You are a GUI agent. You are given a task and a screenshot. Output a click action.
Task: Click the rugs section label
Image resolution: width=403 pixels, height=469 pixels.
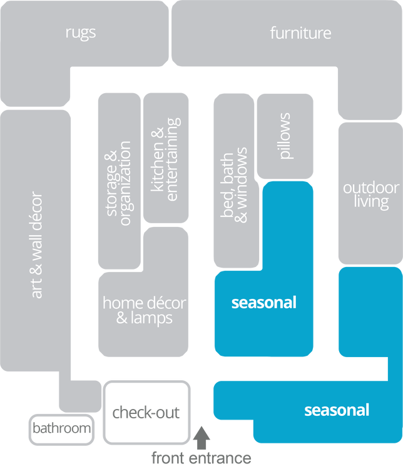81,32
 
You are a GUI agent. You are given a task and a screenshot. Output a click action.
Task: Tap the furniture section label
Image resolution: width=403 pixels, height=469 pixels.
300,33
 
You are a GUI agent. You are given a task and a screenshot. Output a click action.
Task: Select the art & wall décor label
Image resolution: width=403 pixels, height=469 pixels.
37,245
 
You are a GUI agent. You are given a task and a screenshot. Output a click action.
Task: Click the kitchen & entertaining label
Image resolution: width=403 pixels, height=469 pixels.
165,159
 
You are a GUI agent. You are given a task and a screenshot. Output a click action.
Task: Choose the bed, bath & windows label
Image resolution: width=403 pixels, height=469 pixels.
235,184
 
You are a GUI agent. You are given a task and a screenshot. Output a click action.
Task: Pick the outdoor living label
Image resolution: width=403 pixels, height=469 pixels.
370,194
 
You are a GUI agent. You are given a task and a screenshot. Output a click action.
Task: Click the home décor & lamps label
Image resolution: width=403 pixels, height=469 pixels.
144,310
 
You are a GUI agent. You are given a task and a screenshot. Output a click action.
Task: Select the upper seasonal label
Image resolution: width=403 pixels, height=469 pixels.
263,303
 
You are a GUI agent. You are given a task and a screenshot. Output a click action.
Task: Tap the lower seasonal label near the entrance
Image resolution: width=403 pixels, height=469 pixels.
336,410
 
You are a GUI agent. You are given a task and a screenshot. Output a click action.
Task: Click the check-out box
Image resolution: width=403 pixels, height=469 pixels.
146,412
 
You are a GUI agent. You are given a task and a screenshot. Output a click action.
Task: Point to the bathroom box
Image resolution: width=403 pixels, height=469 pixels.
61,430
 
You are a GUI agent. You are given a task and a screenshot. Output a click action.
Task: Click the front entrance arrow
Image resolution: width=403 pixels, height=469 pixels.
201,436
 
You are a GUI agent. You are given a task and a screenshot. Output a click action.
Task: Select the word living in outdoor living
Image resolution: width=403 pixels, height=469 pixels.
370,202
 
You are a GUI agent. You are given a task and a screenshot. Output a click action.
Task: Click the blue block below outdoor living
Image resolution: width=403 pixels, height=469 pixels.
369,313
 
